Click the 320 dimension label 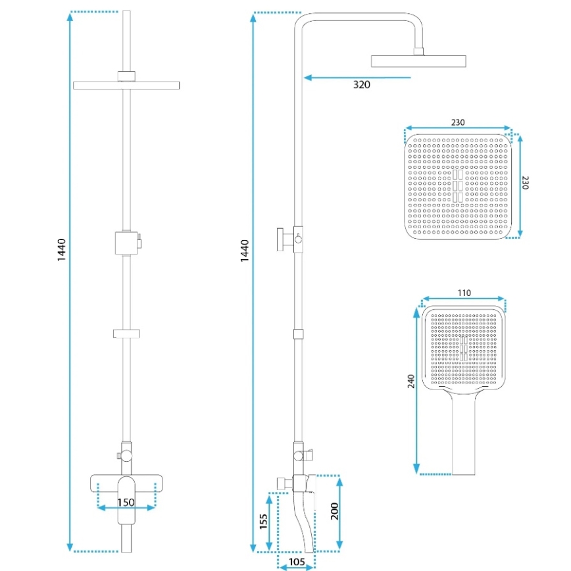pos(361,85)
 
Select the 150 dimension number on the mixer pos(126,503)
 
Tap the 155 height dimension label pos(263,522)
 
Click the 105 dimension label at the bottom pos(297,561)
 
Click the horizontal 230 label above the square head pos(459,122)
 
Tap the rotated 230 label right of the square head pos(526,183)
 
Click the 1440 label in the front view pos(62,251)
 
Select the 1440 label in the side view pos(245,251)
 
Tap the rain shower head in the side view pos(419,61)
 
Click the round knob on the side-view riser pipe pos(283,238)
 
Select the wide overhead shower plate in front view pos(126,85)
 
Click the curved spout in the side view pos(305,523)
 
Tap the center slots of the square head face pos(457,186)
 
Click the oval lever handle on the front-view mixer pos(126,500)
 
